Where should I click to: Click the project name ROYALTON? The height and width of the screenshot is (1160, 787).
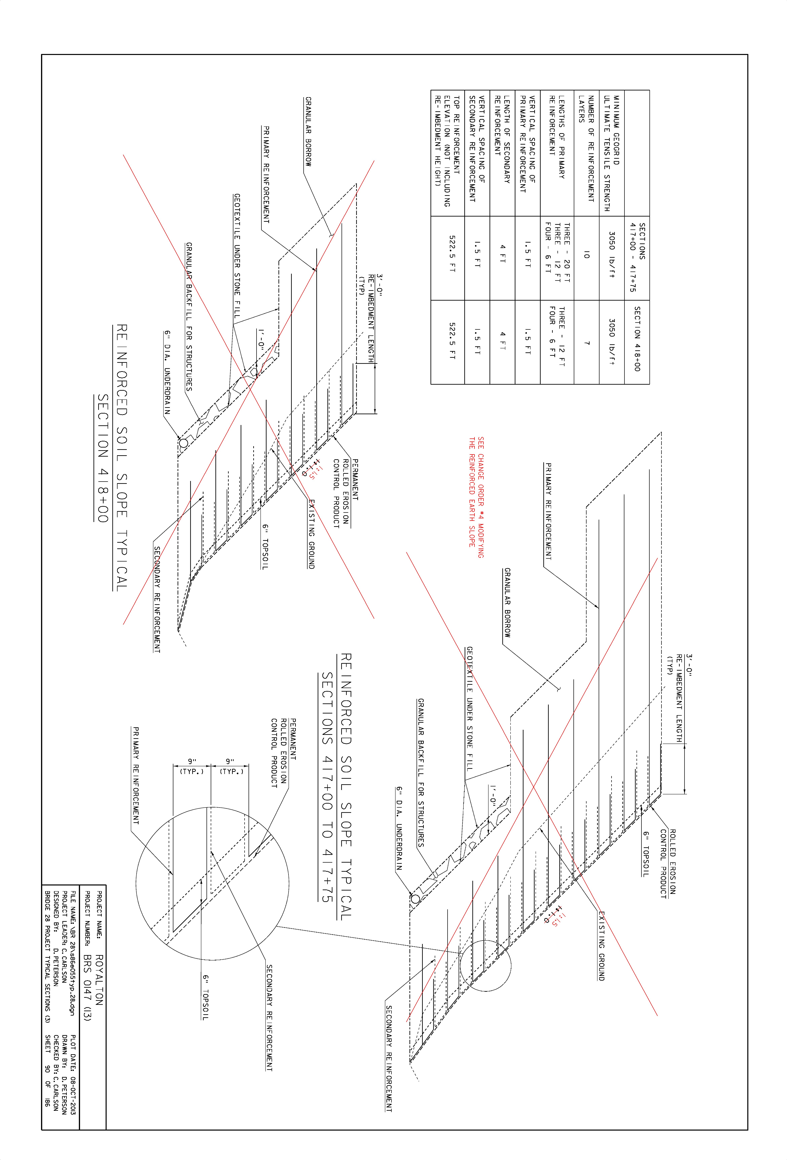[99, 980]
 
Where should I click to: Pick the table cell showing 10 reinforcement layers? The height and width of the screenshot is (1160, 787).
[587, 256]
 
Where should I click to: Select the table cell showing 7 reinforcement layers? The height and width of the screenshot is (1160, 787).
[587, 343]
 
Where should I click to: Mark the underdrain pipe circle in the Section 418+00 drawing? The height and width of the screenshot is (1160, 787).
[183, 443]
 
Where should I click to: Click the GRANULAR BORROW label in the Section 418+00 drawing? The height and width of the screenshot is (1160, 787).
[308, 131]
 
